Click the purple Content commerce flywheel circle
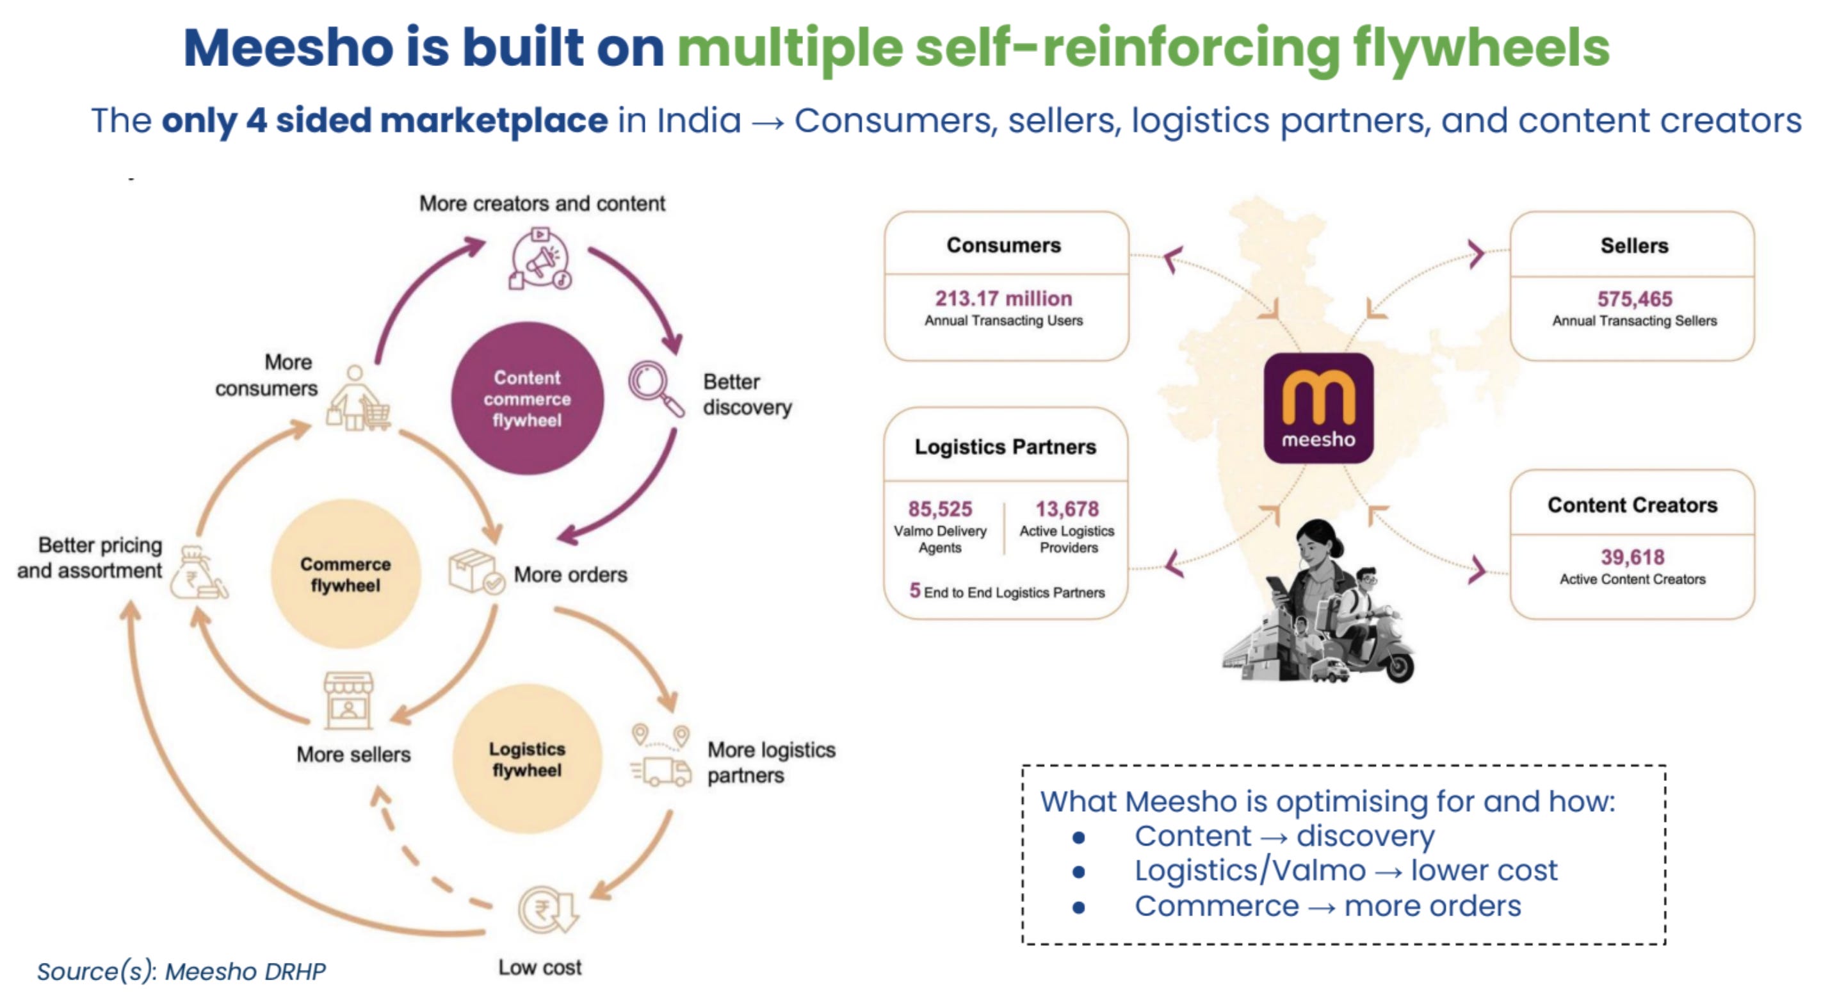click(528, 398)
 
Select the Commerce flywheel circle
click(346, 574)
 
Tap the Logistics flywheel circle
click(528, 759)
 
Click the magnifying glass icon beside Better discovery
click(654, 388)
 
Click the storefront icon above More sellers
click(348, 700)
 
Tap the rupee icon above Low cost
click(548, 910)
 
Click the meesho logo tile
click(1318, 409)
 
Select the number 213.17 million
click(1003, 299)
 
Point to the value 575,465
click(1635, 299)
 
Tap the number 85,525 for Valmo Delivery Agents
click(939, 509)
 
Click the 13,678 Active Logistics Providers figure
click(1067, 509)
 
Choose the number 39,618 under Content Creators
click(1632, 557)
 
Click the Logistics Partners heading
click(1005, 447)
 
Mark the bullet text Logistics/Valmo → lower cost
click(1345, 871)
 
